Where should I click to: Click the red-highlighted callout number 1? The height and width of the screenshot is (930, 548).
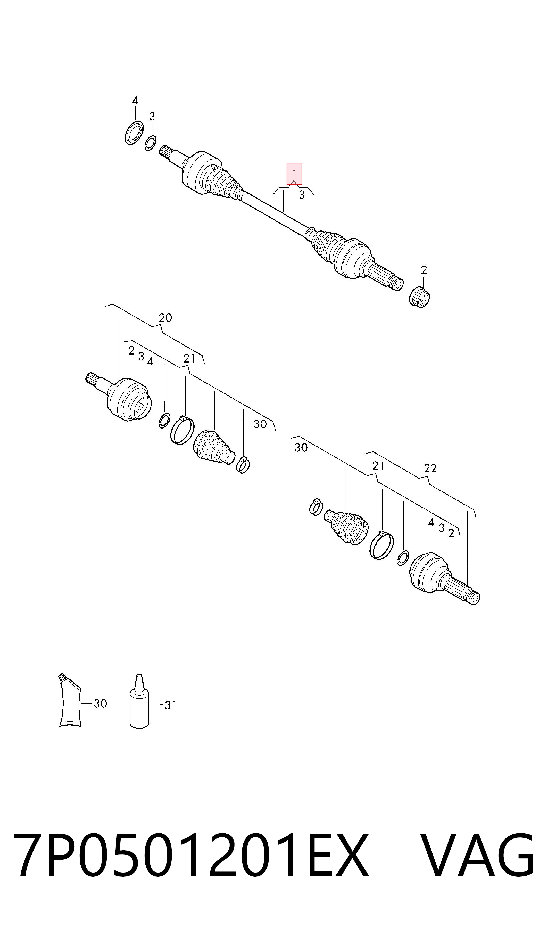click(294, 174)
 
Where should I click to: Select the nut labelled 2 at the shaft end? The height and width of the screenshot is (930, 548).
click(420, 297)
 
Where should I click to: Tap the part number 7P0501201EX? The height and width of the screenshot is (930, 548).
click(191, 855)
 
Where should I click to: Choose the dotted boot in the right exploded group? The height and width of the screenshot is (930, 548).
click(346, 527)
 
